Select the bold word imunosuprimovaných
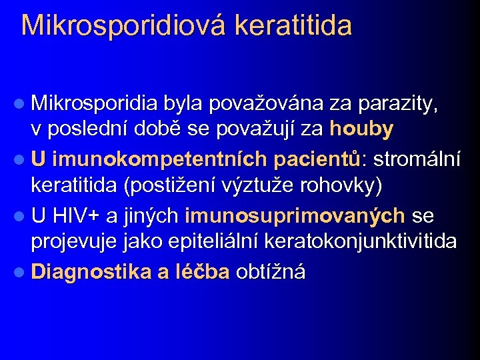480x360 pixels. [x=295, y=216]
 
